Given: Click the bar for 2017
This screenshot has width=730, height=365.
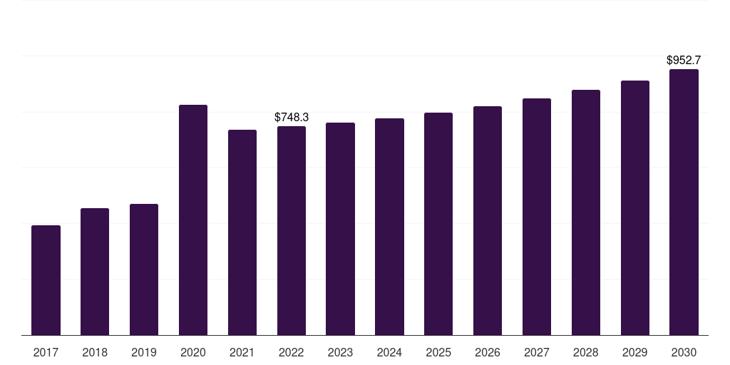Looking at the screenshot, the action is [x=46, y=280].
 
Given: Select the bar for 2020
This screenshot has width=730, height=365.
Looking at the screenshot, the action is [x=193, y=220].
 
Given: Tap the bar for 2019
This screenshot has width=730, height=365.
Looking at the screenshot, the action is [x=144, y=269].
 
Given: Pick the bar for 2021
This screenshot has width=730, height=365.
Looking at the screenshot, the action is [x=242, y=232].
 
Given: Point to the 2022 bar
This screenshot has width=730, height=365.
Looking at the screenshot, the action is [x=292, y=230].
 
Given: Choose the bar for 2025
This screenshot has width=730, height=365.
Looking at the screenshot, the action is [x=438, y=224].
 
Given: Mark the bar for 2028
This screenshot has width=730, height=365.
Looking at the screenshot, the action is [x=586, y=212].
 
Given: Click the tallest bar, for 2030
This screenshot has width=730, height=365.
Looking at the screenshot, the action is [x=684, y=202].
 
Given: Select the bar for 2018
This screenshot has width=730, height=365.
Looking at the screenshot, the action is [x=95, y=272].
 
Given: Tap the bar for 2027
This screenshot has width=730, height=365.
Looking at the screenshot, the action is [x=536, y=217].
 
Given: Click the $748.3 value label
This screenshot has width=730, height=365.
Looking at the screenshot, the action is [x=292, y=118].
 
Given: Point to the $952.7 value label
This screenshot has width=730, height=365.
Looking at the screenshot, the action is [x=684, y=60].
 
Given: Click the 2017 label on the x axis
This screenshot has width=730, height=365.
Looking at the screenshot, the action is [x=46, y=353].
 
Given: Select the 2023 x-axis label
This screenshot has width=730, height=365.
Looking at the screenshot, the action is [x=340, y=353].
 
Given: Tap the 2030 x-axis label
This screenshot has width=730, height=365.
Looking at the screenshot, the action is [x=684, y=353].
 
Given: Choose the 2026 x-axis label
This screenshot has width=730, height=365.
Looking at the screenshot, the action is [x=488, y=353].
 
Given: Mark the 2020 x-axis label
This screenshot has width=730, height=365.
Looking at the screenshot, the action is [x=193, y=353].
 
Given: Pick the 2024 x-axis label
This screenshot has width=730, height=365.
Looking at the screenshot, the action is [x=389, y=353].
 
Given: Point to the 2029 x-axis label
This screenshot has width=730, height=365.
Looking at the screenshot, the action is [x=634, y=353].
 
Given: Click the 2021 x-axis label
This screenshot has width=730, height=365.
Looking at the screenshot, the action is [x=242, y=353].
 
